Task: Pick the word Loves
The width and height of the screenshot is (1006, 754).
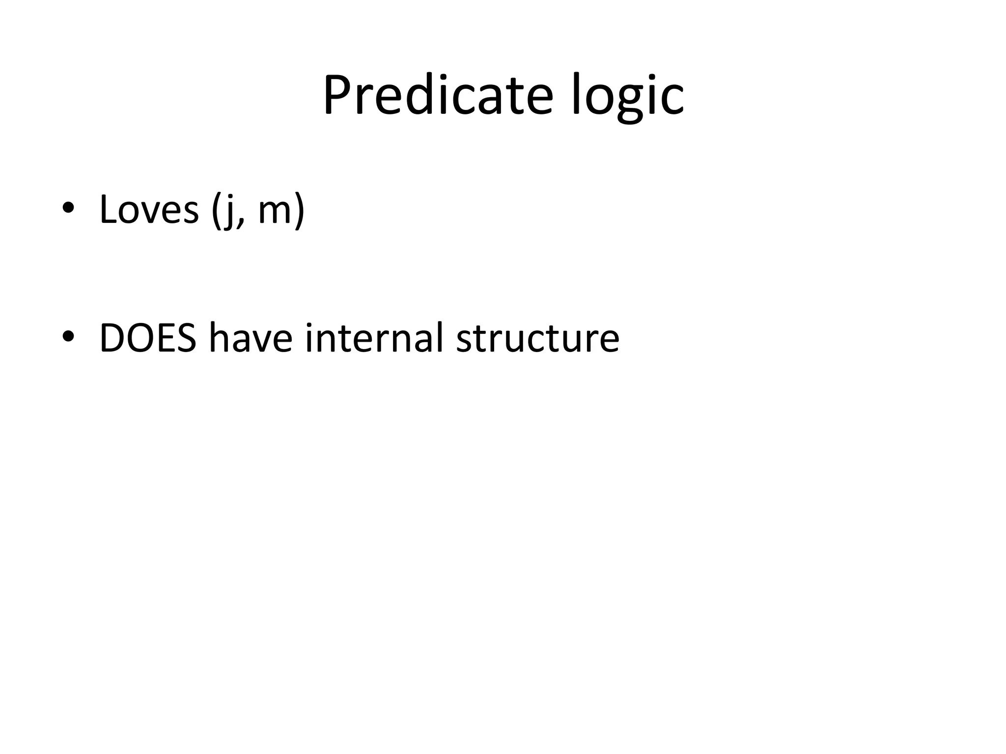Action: pyautogui.click(x=149, y=210)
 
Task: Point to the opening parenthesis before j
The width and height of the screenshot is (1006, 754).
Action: pyautogui.click(x=216, y=211)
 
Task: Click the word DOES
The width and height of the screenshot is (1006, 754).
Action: pyautogui.click(x=148, y=338)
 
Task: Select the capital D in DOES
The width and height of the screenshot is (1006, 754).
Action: pyautogui.click(x=112, y=338)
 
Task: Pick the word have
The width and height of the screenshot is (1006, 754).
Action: pyautogui.click(x=251, y=338)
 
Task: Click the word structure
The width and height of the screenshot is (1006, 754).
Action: pyautogui.click(x=537, y=338)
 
